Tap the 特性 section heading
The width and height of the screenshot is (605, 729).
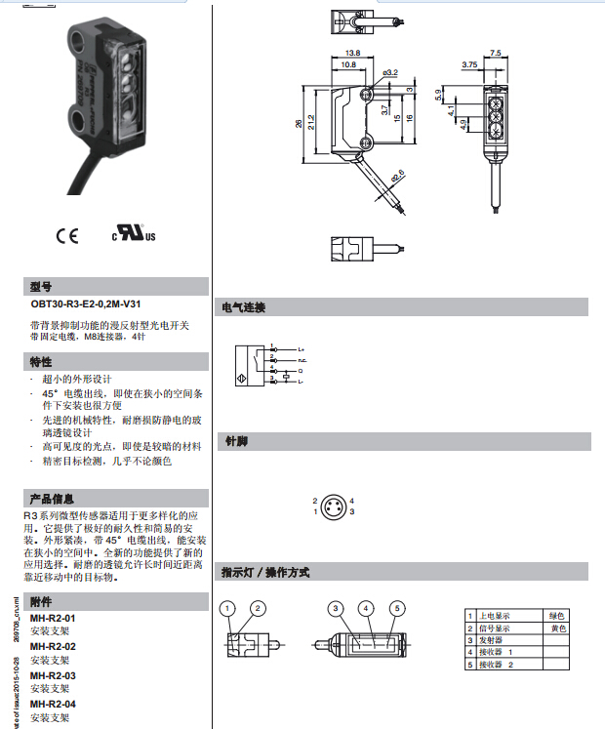pos(41,363)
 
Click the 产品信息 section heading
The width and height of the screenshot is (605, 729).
pos(53,499)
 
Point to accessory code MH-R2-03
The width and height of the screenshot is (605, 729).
pos(53,675)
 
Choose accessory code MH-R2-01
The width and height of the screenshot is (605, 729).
pos(53,619)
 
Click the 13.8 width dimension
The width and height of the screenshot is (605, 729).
pos(353,53)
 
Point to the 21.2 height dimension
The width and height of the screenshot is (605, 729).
pos(311,123)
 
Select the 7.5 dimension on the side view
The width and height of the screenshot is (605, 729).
pos(495,53)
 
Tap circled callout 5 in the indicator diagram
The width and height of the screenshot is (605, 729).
pos(397,608)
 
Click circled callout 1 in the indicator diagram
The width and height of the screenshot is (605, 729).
pos(227,608)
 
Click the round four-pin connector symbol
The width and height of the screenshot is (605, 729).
pos(333,506)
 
